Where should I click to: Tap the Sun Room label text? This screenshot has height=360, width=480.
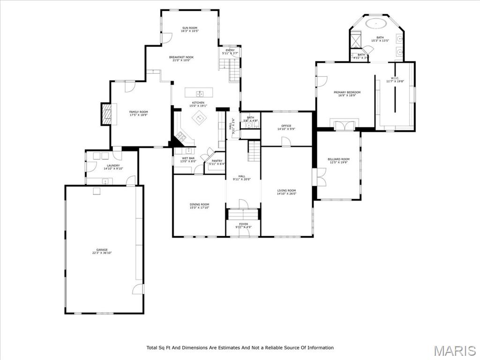(x=190, y=28)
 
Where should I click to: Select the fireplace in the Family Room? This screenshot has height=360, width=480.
(x=107, y=114)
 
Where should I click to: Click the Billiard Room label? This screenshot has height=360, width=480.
(x=338, y=159)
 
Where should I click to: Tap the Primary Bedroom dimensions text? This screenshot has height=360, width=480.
(x=347, y=96)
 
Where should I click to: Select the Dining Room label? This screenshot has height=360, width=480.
(x=199, y=204)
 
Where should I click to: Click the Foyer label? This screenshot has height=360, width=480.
(x=243, y=224)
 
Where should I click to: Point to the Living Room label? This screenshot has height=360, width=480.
(x=286, y=190)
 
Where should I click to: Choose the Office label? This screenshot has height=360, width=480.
(x=286, y=126)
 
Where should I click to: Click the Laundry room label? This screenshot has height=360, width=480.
(x=113, y=165)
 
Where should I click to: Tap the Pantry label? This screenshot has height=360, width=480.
(x=217, y=161)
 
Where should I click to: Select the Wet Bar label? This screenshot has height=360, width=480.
(x=188, y=158)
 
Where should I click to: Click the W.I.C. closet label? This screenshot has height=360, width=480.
(x=395, y=78)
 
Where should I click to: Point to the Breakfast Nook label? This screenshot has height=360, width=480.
(x=181, y=57)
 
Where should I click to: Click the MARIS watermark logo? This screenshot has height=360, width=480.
(x=455, y=351)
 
